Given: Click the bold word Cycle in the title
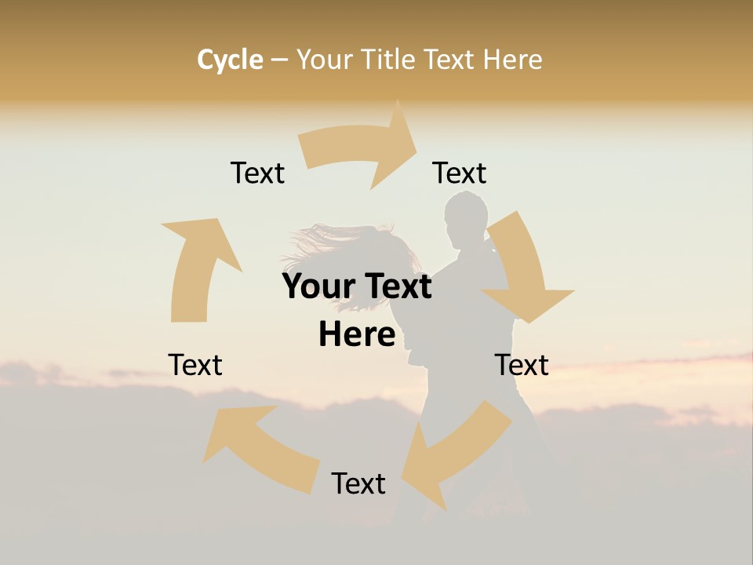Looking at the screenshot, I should coord(230,60).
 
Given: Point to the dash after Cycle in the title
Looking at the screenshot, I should coord(279,60).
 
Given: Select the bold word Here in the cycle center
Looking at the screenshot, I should coord(357,334).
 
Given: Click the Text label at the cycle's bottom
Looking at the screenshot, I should coord(358,483).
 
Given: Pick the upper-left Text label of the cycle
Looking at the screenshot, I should coord(257,173).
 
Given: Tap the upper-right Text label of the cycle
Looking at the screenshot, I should coord(460,173).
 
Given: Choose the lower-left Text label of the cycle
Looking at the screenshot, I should coord(195,365).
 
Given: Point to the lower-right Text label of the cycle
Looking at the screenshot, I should coord(522,365).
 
